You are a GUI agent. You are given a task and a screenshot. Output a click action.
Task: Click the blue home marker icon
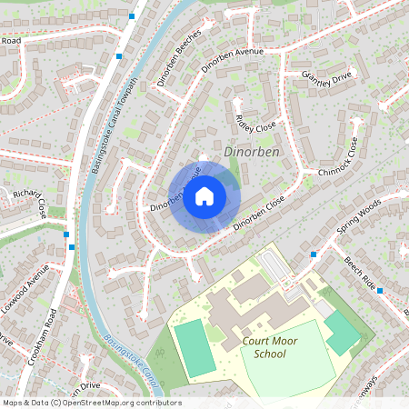pos(204,195)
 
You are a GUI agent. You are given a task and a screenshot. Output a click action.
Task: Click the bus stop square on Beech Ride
pos(380,290)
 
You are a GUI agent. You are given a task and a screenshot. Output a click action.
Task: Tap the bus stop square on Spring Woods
pos(313,254)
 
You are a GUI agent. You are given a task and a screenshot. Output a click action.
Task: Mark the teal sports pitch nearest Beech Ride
pos(341,332)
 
